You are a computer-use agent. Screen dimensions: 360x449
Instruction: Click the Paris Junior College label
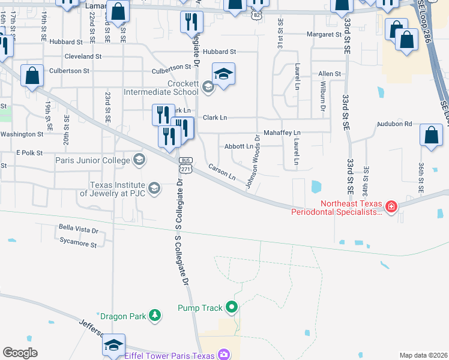pos(92,160)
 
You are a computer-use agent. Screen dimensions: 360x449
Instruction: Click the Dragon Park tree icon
pos(155,315)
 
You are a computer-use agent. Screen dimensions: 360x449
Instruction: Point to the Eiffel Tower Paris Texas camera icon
pos(224,355)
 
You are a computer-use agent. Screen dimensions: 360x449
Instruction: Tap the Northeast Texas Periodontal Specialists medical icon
pos(391,207)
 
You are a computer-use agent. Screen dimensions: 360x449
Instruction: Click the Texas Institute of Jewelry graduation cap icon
pos(154,189)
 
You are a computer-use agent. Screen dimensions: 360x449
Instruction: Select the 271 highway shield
pos(185,169)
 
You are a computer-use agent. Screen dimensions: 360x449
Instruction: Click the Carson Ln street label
pos(222,172)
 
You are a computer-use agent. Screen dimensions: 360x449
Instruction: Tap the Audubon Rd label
pos(394,124)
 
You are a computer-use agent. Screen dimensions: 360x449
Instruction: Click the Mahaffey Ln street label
pos(282,132)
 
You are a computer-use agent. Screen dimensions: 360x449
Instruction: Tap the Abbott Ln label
pos(238,146)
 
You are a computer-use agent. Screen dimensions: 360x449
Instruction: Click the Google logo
pos(20,353)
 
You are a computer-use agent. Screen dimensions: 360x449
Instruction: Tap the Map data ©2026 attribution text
pos(423,355)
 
